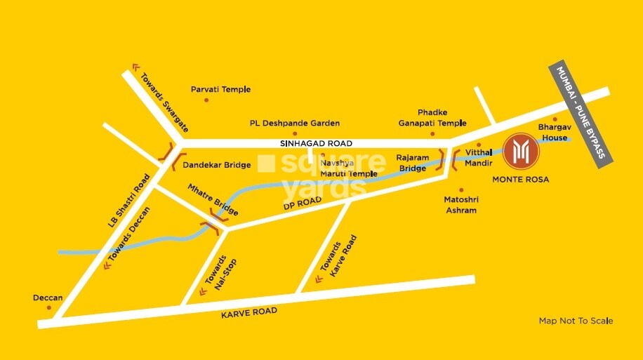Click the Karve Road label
coord(249,312)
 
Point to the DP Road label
coord(303,202)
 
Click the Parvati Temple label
coord(220,90)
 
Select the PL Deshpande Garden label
coord(295,123)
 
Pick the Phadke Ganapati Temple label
coord(432,117)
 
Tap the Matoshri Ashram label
coord(460,205)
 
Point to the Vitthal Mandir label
coord(478,159)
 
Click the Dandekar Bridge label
coord(216,165)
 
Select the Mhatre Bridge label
coord(213,200)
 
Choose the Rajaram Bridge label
coord(411,163)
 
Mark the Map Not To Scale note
coord(576,321)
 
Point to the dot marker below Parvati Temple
coord(206,100)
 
